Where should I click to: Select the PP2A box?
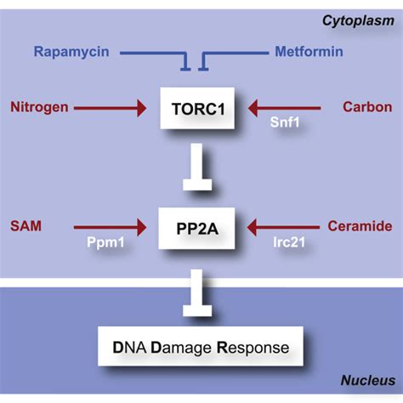201,228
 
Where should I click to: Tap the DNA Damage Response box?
201,347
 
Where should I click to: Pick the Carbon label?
366,107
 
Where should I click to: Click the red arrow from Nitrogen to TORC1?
111,108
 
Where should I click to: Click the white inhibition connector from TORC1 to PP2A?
201,170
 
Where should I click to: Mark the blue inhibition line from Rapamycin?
153,54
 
